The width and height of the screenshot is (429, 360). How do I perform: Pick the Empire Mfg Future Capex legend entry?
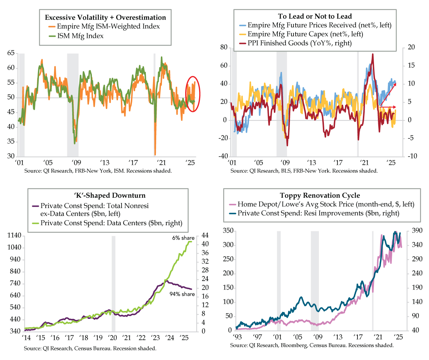click(x=311, y=34)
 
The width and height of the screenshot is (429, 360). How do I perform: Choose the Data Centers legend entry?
click(x=111, y=223)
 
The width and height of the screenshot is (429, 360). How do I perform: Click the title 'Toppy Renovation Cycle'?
click(x=315, y=195)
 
